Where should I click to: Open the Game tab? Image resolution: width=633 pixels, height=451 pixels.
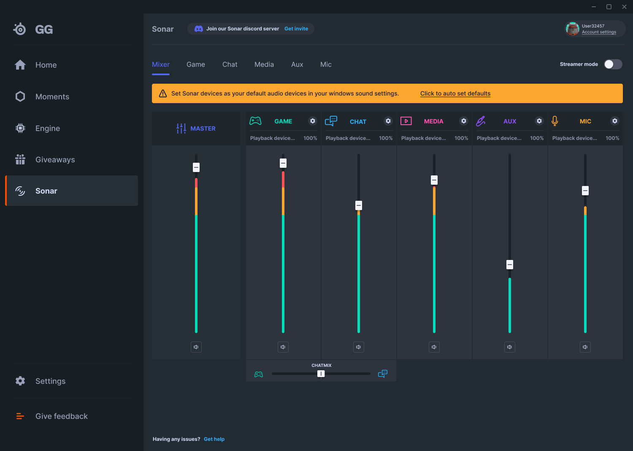(196, 65)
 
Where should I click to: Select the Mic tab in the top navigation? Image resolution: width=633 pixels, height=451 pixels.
(326, 65)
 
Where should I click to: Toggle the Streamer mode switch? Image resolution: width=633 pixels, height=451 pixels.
(613, 64)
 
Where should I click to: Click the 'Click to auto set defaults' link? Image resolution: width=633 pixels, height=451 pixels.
(455, 93)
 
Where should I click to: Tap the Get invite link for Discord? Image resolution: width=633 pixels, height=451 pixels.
(296, 29)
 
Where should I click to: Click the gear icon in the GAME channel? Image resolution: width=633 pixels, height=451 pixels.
(313, 121)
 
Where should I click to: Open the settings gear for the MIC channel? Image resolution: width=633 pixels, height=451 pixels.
(615, 121)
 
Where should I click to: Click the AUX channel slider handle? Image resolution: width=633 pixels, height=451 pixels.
(510, 265)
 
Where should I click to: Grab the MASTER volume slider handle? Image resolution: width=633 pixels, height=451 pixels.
(196, 167)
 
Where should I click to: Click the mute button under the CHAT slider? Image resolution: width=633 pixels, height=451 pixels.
(358, 347)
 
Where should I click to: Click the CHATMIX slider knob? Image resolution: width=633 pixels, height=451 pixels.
(321, 374)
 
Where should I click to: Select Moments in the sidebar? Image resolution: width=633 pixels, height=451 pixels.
(52, 97)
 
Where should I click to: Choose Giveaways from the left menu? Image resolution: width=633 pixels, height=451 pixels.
(55, 160)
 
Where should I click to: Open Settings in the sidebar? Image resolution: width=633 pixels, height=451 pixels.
(50, 381)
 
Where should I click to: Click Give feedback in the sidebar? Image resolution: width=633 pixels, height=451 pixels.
(61, 416)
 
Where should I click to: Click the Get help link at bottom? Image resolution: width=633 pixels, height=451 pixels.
(214, 439)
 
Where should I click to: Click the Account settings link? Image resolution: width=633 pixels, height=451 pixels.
(598, 32)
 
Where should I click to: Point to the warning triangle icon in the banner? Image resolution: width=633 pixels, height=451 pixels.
(163, 93)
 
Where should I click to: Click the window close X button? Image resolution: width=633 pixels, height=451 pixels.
(624, 7)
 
